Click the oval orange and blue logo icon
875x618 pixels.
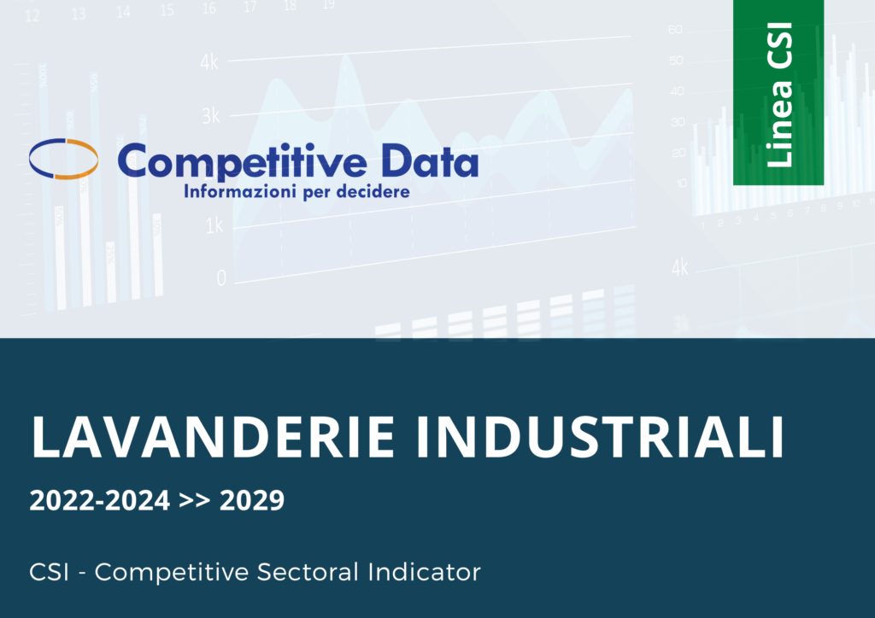pyautogui.click(x=63, y=158)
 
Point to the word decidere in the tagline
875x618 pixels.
pyautogui.click(x=373, y=192)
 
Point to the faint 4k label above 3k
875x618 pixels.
pyautogui.click(x=210, y=63)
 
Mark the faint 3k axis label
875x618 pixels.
pyautogui.click(x=210, y=115)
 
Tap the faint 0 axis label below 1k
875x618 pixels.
pyautogui.click(x=221, y=278)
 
